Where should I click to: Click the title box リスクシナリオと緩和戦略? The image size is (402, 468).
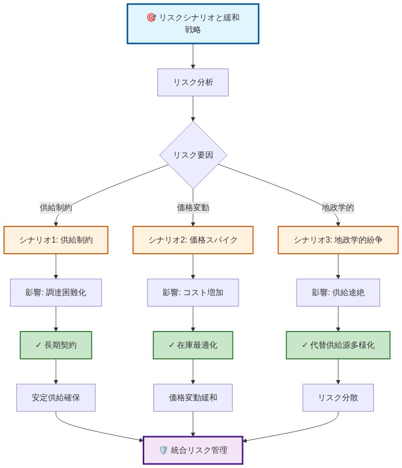(x=193, y=24)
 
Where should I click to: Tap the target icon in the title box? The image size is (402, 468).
(x=151, y=18)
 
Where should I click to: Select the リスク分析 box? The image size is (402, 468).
(x=193, y=82)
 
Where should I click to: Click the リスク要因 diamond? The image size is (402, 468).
(x=193, y=155)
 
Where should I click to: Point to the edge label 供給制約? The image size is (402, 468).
(x=56, y=207)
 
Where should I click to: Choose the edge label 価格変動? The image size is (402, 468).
(x=193, y=207)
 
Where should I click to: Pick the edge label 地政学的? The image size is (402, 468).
(x=338, y=207)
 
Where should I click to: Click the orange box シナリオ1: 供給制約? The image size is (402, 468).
(x=56, y=240)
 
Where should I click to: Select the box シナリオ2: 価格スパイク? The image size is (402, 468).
(x=193, y=240)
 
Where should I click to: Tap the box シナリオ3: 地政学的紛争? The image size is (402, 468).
(x=338, y=240)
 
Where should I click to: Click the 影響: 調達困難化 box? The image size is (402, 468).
(x=56, y=293)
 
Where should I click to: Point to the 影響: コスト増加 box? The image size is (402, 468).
(x=193, y=293)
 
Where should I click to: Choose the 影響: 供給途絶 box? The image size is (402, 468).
(x=338, y=293)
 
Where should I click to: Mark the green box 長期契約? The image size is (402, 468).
(x=56, y=345)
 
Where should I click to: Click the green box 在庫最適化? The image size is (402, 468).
(x=193, y=345)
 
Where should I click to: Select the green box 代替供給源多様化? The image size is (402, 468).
(x=338, y=345)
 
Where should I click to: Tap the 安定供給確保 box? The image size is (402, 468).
(x=56, y=398)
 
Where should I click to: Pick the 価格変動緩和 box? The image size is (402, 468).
(x=193, y=398)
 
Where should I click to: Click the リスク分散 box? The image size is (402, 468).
(x=338, y=398)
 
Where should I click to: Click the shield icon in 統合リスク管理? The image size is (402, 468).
(x=163, y=450)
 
